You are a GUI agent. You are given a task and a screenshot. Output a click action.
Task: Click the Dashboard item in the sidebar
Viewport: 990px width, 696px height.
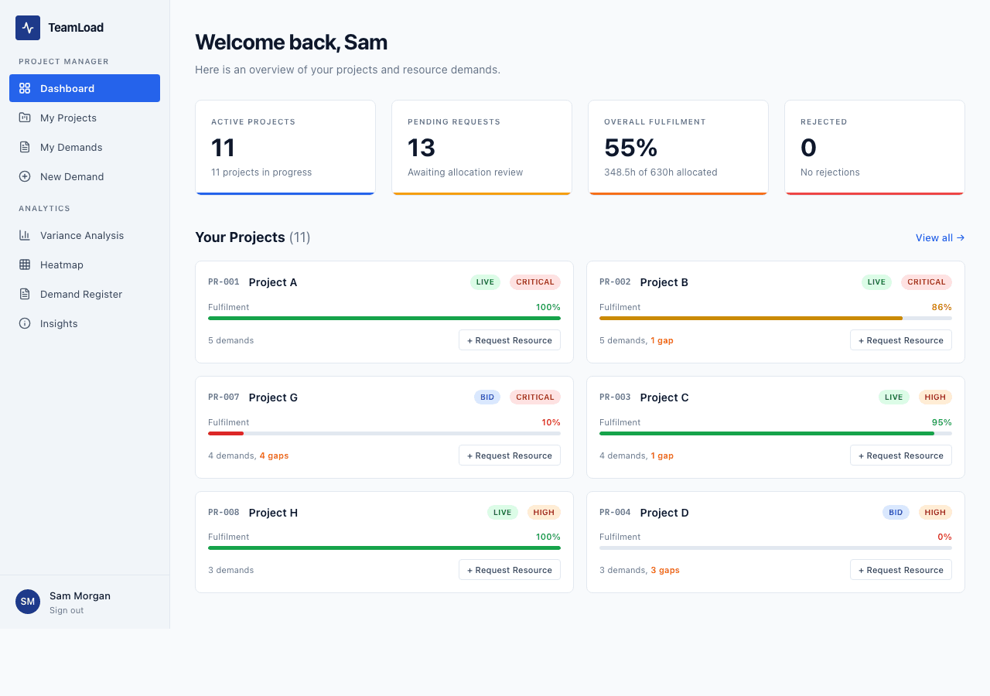pos(84,88)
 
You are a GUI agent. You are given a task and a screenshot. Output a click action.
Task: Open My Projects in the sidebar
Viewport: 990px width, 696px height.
pos(68,118)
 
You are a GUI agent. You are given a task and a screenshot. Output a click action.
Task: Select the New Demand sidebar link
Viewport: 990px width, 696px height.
pos(71,176)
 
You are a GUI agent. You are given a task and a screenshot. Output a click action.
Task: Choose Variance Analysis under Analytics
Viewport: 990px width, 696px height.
pos(81,235)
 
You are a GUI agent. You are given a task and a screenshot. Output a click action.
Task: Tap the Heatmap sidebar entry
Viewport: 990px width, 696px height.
pos(61,264)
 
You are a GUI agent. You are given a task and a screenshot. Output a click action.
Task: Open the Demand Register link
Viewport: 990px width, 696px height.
pos(80,294)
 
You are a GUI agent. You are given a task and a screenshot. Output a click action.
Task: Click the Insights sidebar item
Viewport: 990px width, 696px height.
pos(59,323)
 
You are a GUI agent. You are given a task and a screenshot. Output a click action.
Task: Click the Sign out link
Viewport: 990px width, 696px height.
pos(67,610)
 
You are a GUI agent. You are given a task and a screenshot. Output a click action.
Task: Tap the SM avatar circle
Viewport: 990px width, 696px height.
pos(28,602)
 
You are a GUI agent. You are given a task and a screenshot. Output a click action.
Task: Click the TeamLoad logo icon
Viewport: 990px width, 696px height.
pos(28,28)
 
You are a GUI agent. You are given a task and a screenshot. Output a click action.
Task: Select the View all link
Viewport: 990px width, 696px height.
pos(940,237)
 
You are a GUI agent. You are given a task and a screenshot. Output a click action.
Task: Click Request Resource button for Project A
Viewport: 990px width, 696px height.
pos(510,340)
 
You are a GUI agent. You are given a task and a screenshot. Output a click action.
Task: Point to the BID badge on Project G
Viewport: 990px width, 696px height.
pos(487,397)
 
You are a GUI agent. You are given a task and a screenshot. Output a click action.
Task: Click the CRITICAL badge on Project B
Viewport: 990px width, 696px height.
pos(927,282)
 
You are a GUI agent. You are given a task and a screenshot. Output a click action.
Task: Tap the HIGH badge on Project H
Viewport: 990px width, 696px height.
pos(544,512)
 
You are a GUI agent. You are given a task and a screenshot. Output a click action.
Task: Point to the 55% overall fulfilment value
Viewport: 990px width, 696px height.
pos(630,148)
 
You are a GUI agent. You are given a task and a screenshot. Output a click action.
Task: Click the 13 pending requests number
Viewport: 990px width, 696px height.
pos(422,148)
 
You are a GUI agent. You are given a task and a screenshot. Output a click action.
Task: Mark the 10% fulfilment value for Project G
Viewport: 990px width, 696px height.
pos(551,422)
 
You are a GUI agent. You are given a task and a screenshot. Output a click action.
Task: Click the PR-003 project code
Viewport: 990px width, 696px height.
pos(615,397)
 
